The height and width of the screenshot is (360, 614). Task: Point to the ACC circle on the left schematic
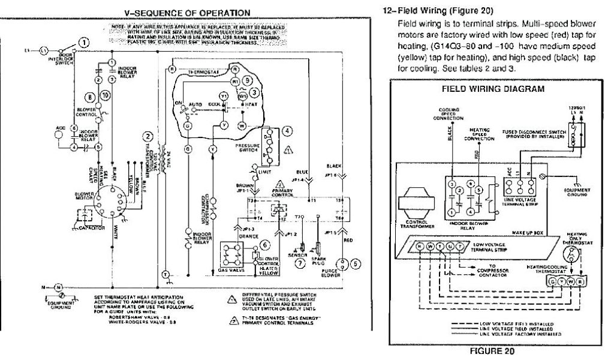pos(58,134)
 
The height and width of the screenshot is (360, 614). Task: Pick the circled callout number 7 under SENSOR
pos(300,262)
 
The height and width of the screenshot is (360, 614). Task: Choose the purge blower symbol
pos(344,262)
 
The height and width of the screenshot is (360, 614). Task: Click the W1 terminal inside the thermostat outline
pos(243,95)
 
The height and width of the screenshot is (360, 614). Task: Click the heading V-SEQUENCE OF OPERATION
pos(178,12)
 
